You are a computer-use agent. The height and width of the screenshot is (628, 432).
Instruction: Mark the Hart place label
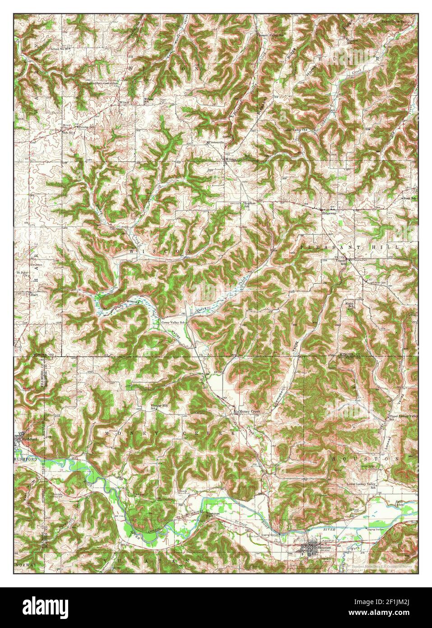34,294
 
